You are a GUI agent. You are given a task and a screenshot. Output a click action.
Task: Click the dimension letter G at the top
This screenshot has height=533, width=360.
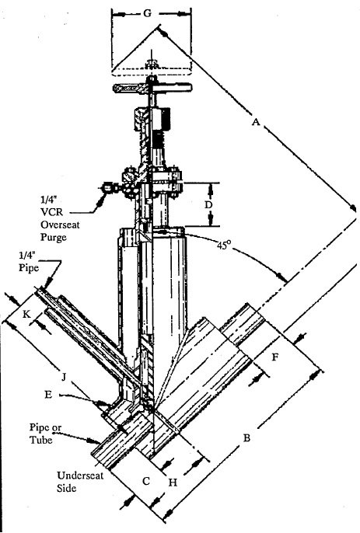coord(147,14)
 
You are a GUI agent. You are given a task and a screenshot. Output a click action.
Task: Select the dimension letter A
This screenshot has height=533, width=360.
coord(256,121)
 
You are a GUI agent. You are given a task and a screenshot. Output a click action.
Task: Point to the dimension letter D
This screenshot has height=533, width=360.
coord(208,205)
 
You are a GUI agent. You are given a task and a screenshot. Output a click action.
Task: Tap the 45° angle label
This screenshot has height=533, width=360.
coord(224,245)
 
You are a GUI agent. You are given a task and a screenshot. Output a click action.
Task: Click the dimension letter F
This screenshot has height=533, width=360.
coord(276,357)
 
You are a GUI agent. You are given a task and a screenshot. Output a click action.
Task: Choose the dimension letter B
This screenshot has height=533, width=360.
coord(246,438)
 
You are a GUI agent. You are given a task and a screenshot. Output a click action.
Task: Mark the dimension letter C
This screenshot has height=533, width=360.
coord(146,482)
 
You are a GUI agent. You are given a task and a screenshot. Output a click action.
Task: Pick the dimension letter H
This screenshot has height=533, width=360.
coord(173,482)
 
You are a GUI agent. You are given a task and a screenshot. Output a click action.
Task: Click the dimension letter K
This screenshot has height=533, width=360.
coord(26,314)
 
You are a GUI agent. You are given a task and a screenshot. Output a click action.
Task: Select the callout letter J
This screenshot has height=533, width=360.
coord(63,377)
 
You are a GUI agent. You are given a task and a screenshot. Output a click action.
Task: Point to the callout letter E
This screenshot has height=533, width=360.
coord(49,395)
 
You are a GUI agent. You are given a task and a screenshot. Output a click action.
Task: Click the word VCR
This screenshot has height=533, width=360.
coord(52,212)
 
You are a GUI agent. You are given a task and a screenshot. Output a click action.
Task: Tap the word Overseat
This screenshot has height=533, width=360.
coord(60,225)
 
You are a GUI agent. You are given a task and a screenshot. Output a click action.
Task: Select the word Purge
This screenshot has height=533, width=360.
coord(54,237)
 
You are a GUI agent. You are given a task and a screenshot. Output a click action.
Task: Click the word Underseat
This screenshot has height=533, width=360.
coord(80,476)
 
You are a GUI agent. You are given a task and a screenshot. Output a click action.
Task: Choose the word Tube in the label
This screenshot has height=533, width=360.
coord(41,440)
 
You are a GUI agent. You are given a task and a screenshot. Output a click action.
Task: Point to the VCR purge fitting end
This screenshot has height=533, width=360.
coord(108,186)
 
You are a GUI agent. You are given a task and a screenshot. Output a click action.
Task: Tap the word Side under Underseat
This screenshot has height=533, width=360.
coord(67,488)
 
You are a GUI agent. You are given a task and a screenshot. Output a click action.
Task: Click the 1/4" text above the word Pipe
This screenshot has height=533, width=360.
coord(26,256)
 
